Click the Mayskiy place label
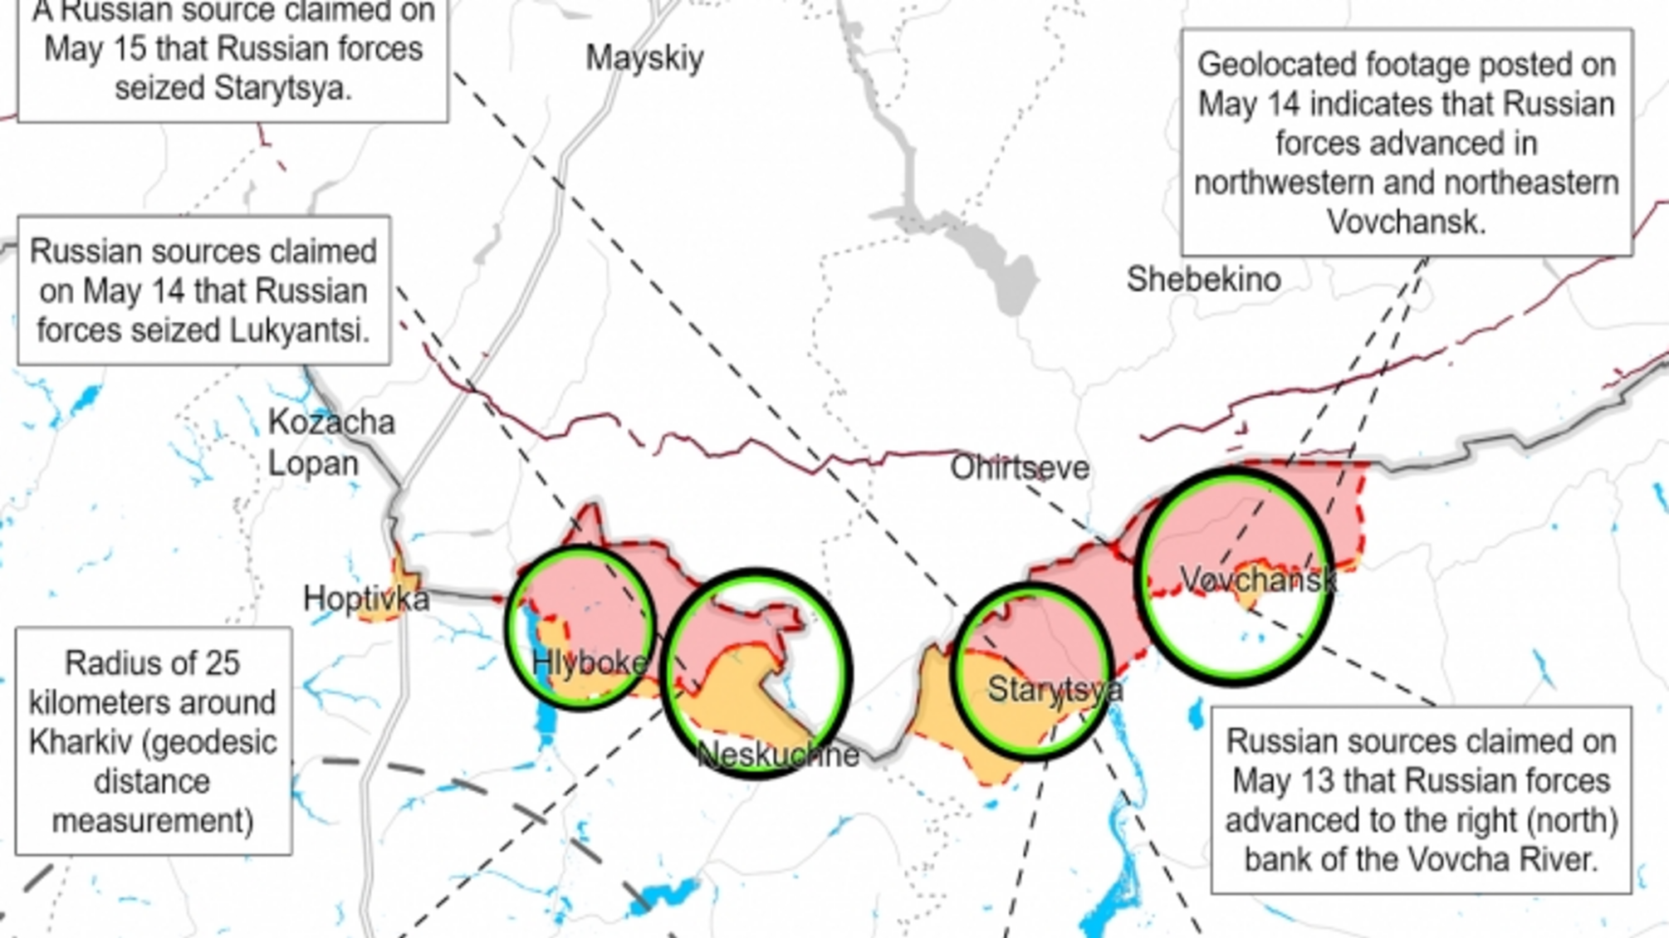(x=644, y=58)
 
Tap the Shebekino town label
(x=1203, y=280)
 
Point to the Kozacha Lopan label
(x=330, y=442)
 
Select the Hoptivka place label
(x=365, y=598)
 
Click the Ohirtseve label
(x=1019, y=468)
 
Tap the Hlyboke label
(x=589, y=662)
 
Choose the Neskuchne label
(x=777, y=755)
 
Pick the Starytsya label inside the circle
(x=1053, y=689)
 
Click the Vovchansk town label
(x=1257, y=579)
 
